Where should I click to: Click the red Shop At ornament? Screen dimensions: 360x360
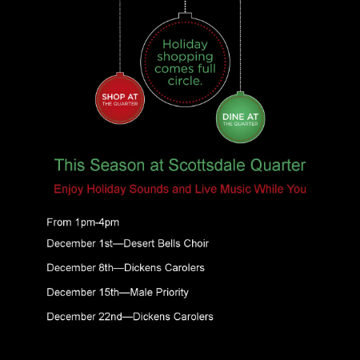[x=120, y=99]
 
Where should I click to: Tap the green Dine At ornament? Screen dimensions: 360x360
[x=241, y=118]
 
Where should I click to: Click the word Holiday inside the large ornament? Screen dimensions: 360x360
[x=185, y=45]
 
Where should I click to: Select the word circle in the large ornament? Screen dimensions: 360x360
[x=185, y=81]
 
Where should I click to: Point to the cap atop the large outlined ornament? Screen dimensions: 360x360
[x=185, y=15]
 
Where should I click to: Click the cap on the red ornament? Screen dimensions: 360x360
[x=120, y=74]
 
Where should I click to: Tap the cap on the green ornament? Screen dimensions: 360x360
[x=241, y=94]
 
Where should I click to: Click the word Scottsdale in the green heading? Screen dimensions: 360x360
[x=206, y=165]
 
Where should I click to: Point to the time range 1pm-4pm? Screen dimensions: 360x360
[x=97, y=222]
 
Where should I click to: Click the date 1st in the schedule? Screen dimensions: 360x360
[x=106, y=243]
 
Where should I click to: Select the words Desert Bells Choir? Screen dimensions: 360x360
[x=166, y=243]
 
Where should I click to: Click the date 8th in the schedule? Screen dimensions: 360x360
[x=106, y=268]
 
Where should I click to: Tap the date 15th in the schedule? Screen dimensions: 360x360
[x=109, y=292]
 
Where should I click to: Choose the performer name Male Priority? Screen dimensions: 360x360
[x=159, y=293]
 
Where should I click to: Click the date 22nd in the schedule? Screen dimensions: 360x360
[x=110, y=317]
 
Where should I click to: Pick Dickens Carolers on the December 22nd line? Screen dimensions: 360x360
[x=173, y=317]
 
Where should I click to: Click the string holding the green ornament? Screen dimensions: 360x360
[x=241, y=46]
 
